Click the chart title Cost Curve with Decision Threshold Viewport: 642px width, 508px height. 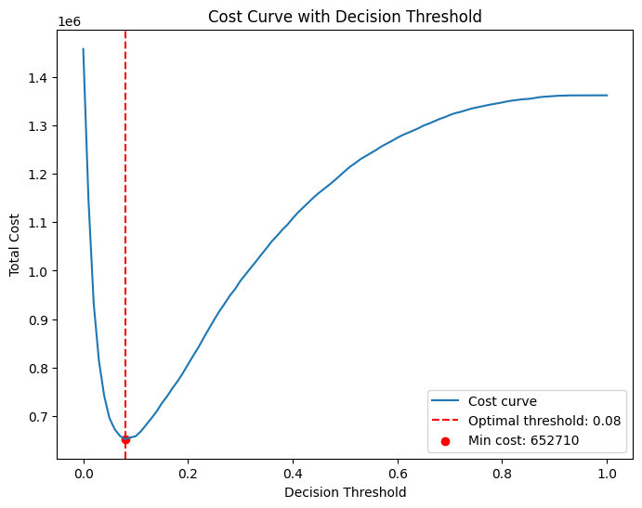click(x=345, y=17)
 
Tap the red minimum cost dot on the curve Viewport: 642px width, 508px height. click(x=125, y=439)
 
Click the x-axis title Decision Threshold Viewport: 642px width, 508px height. click(x=345, y=492)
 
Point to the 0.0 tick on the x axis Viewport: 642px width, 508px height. click(x=84, y=473)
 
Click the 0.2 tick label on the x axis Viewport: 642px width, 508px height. click(x=189, y=473)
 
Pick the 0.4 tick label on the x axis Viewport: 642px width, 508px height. click(x=293, y=473)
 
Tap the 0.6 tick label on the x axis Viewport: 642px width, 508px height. click(x=398, y=473)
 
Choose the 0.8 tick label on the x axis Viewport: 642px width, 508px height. click(x=503, y=473)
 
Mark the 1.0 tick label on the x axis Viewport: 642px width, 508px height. click(x=607, y=473)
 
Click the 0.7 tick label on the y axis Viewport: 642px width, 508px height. click(x=39, y=417)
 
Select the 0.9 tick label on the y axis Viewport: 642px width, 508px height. click(x=39, y=319)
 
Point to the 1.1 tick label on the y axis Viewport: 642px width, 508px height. click(x=39, y=223)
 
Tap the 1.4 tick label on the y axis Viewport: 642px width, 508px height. click(x=39, y=77)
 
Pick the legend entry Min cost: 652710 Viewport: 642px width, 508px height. click(x=523, y=440)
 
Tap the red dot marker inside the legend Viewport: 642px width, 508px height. click(x=445, y=440)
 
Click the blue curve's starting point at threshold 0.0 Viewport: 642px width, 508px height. click(x=84, y=49)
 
